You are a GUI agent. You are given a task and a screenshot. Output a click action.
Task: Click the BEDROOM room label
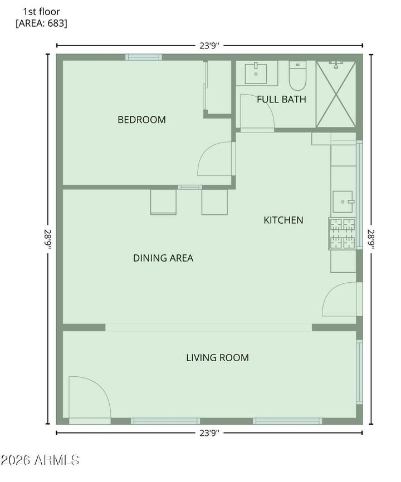(141, 120)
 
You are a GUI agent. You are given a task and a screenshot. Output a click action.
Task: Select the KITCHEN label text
(283, 220)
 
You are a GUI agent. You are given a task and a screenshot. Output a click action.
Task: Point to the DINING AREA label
(163, 258)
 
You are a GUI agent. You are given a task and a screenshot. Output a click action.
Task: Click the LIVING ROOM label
(217, 358)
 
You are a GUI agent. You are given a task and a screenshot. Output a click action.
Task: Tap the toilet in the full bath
(297, 76)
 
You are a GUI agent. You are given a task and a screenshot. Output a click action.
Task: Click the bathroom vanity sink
(256, 73)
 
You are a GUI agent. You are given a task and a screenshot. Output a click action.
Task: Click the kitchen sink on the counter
(343, 201)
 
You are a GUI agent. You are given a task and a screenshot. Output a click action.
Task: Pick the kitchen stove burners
(343, 233)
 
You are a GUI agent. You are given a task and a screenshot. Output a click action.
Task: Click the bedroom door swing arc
(214, 160)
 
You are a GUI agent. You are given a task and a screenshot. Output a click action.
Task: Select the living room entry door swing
(89, 397)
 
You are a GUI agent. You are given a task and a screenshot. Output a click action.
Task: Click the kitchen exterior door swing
(339, 299)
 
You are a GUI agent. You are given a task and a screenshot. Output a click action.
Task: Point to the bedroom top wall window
(143, 57)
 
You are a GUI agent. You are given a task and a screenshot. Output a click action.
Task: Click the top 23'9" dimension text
(209, 46)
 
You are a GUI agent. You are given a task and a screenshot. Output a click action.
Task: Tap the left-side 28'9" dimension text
(50, 239)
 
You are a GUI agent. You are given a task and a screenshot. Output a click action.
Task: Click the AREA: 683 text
(42, 23)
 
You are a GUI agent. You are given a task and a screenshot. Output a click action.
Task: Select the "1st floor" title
(42, 11)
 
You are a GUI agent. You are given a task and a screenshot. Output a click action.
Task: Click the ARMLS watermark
(40, 460)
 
